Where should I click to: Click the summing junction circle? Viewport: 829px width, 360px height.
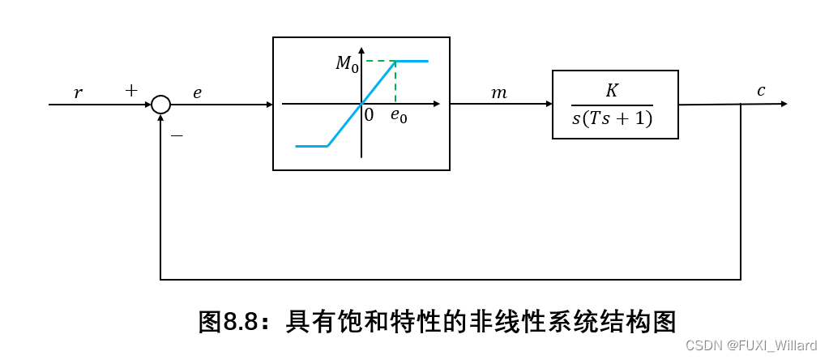pyautogui.click(x=161, y=105)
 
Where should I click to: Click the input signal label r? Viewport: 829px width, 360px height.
pyautogui.click(x=78, y=93)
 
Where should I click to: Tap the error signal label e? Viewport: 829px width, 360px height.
pyautogui.click(x=197, y=92)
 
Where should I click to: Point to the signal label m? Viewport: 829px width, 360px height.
pyautogui.click(x=499, y=93)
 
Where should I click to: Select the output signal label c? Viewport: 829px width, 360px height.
pyautogui.click(x=761, y=91)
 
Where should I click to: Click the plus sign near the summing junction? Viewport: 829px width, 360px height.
pyautogui.click(x=131, y=91)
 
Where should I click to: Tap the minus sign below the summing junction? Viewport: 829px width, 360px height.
pyautogui.click(x=177, y=136)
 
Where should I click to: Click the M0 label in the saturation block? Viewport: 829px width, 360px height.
pyautogui.click(x=347, y=64)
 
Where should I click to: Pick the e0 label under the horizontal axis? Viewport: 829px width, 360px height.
pyautogui.click(x=399, y=115)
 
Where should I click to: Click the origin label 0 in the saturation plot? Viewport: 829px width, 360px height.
pyautogui.click(x=370, y=115)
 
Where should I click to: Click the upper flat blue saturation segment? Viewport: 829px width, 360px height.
pyautogui.click(x=412, y=61)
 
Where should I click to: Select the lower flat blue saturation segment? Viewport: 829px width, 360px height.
pyautogui.click(x=311, y=146)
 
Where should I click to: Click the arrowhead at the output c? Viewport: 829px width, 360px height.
pyautogui.click(x=782, y=104)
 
